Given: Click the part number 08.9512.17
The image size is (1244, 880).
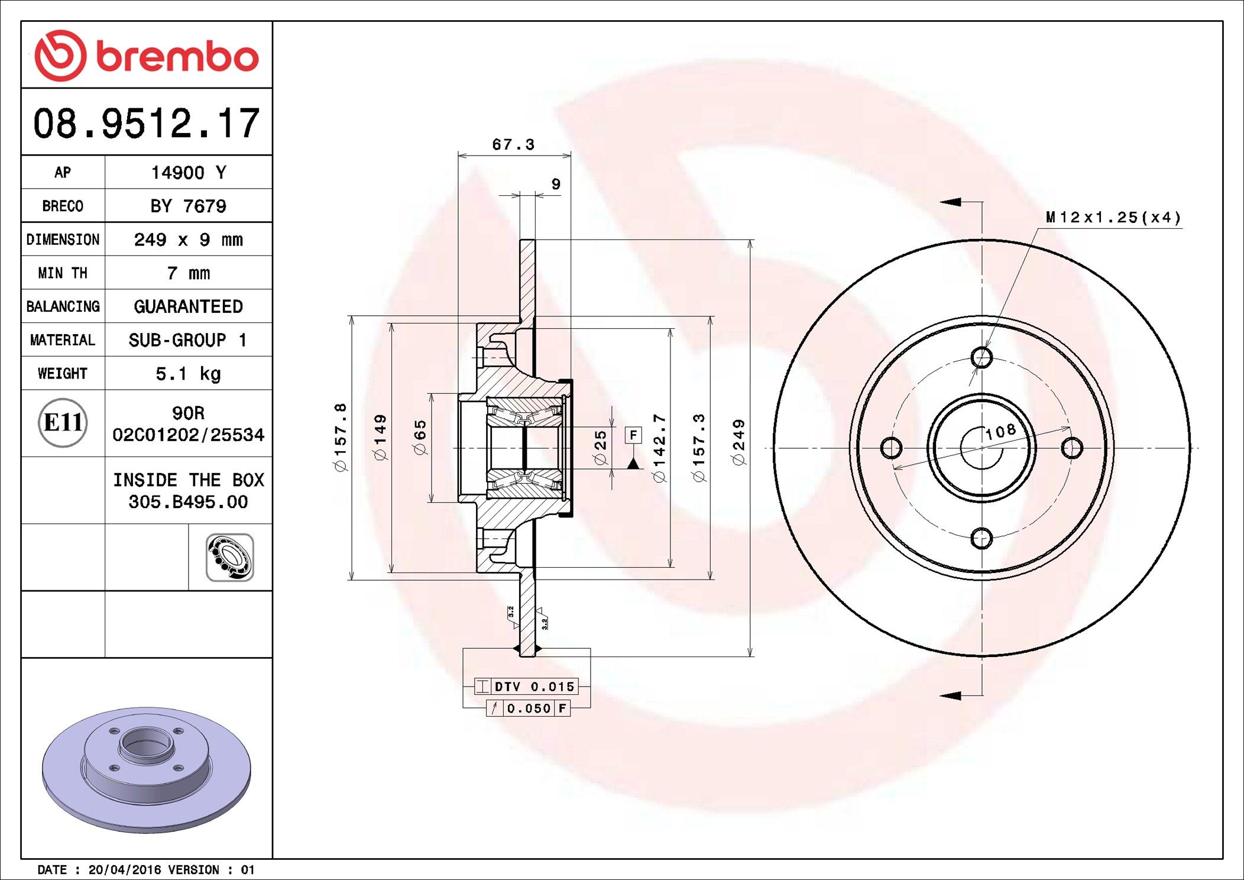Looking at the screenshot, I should (x=146, y=124).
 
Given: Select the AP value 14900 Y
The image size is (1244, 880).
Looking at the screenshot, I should (x=188, y=173).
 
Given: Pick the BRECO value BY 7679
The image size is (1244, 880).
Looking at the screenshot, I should (x=188, y=206).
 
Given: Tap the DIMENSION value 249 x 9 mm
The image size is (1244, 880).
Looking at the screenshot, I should (x=188, y=240).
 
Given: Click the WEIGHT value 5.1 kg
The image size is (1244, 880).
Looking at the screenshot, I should (x=188, y=374).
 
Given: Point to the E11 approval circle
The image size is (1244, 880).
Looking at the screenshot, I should (x=63, y=423).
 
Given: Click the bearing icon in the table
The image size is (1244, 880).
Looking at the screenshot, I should (x=230, y=558).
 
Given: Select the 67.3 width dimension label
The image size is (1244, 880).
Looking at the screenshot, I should (x=513, y=145).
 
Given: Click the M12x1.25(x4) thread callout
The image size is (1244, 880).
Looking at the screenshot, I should (x=1113, y=218).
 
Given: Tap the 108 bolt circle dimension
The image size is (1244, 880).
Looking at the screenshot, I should (x=1000, y=432).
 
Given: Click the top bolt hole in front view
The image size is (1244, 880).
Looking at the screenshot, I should (x=981, y=357).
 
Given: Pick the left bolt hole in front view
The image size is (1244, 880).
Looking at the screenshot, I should (x=891, y=448).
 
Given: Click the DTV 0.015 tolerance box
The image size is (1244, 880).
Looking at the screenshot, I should (x=526, y=687).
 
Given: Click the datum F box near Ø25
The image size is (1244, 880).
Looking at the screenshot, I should (x=633, y=435).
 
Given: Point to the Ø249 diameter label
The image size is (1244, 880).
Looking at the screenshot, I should (x=739, y=442).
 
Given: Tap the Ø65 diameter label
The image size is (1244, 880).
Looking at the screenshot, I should (x=420, y=438).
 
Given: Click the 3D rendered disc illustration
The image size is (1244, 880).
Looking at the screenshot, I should (x=146, y=769).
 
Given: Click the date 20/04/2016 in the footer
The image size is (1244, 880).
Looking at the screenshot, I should (x=124, y=870).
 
